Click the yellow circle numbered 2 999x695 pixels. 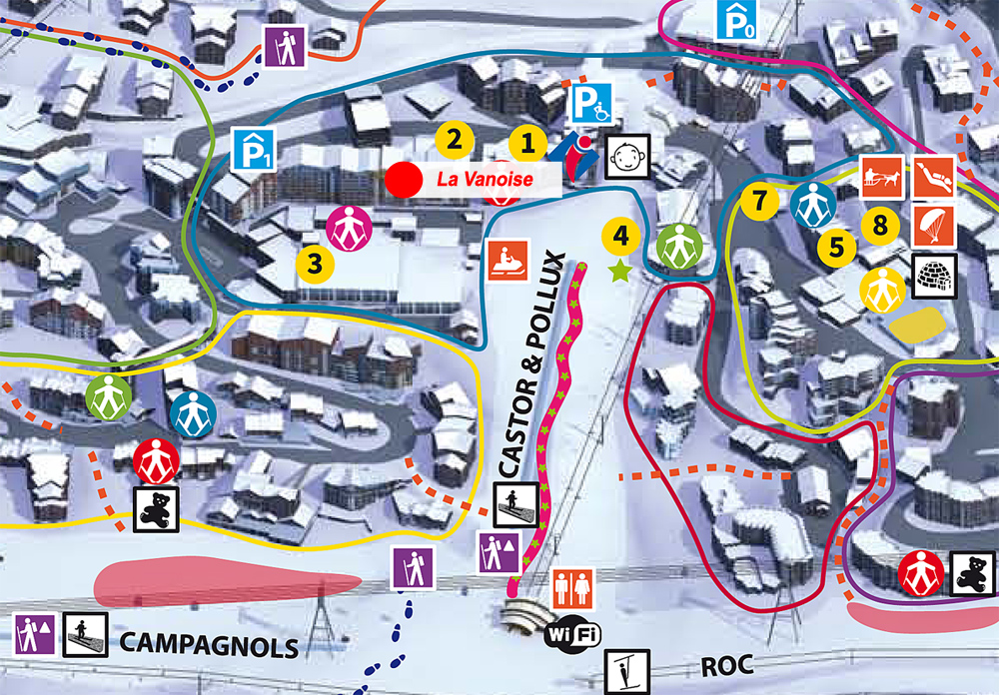click(454, 138)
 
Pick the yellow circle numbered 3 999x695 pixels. click(315, 265)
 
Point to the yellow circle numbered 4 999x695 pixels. click(621, 237)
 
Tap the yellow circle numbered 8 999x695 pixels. click(879, 226)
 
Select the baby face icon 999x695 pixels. click(628, 155)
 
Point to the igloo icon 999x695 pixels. click(935, 274)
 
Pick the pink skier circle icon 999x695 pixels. click(347, 227)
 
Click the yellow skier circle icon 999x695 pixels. click(882, 289)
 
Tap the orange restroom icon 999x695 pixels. click(573, 587)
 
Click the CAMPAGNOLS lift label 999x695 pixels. click(209, 645)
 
